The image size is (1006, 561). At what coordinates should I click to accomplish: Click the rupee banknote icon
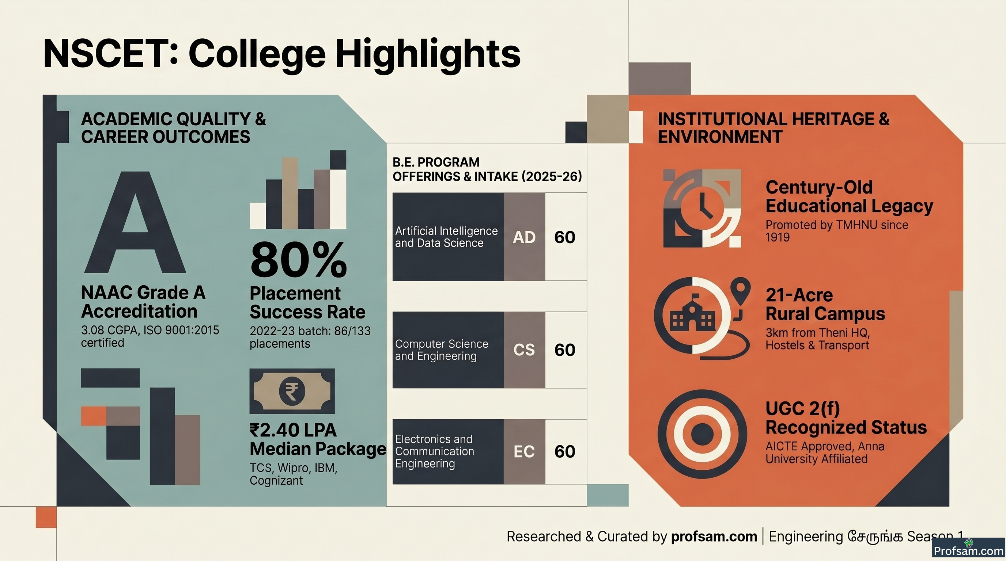[292, 391]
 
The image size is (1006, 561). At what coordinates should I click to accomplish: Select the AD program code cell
[524, 237]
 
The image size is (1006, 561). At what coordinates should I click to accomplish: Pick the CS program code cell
[524, 350]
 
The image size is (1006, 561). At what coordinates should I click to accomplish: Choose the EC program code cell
[524, 451]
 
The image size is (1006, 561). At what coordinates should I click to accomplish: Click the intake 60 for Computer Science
[565, 350]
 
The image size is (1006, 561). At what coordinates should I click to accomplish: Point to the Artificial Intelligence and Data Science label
[446, 237]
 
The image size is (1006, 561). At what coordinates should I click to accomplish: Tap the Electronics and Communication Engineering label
[434, 451]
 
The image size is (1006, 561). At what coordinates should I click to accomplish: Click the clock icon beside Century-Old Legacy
[702, 208]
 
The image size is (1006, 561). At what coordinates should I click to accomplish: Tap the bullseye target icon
[702, 434]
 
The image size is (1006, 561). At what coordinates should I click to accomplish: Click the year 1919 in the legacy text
[778, 237]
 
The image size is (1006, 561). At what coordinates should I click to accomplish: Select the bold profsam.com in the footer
[714, 537]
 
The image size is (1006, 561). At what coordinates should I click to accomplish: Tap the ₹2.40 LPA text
[293, 430]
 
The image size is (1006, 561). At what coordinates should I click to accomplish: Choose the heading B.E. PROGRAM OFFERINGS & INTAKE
[487, 169]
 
